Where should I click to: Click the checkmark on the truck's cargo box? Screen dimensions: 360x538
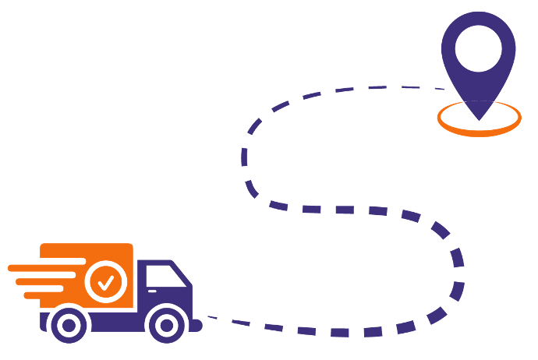(x=107, y=281)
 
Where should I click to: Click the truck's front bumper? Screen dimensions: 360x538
(x=196, y=324)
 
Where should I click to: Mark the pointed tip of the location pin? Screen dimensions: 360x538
(x=478, y=118)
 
